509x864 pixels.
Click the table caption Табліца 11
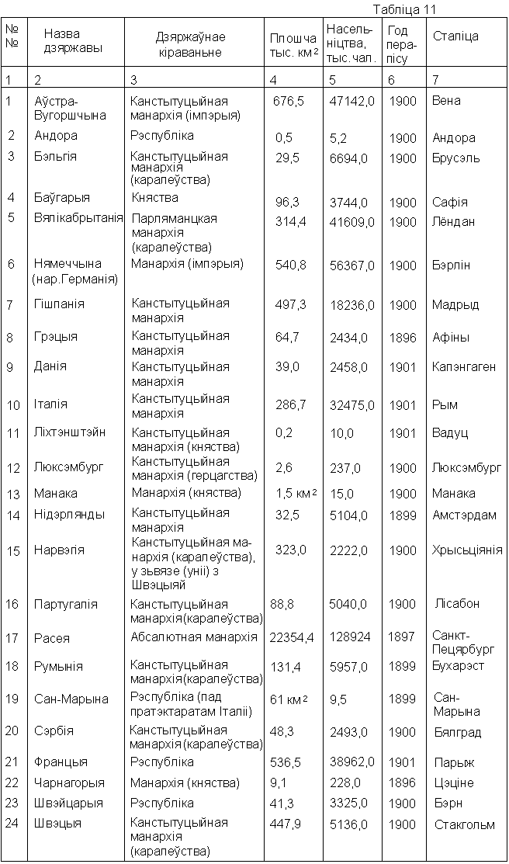point(404,10)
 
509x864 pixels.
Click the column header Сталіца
point(455,36)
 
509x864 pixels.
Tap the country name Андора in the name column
point(56,136)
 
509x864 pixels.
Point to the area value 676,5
point(289,101)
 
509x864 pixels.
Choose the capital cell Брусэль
point(456,158)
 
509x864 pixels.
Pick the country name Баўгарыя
point(62,198)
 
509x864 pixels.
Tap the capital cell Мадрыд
point(455,304)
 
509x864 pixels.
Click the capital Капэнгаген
point(464,367)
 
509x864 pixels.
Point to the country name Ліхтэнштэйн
point(70,432)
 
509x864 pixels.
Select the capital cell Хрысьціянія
point(467,550)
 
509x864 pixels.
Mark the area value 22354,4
point(292,637)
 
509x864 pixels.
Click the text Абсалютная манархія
point(194,637)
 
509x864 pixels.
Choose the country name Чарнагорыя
point(69,782)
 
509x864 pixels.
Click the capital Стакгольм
point(464,824)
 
